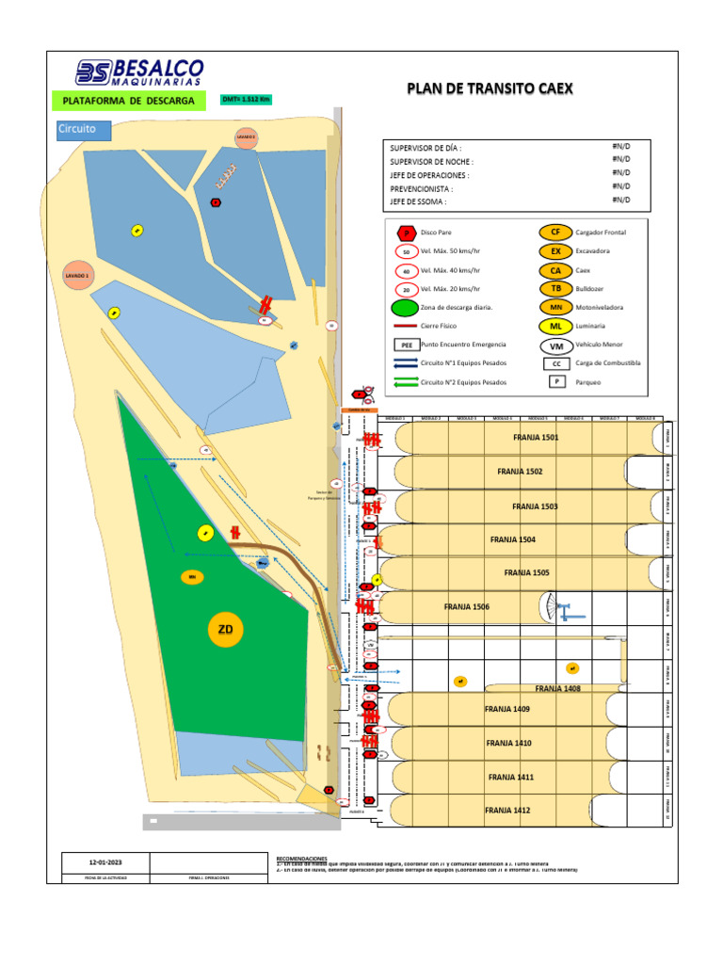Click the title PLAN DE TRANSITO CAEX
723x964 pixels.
point(490,88)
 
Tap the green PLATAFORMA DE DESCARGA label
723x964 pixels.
point(128,101)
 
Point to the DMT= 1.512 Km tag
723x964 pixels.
point(246,99)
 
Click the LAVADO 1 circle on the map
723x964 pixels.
point(77,276)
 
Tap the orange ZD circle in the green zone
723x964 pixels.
point(226,630)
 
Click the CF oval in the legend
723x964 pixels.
point(555,232)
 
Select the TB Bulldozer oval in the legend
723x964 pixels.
point(555,289)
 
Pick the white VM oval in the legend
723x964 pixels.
point(555,345)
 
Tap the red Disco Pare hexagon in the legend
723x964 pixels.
point(406,233)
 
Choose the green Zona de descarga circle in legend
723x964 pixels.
point(406,308)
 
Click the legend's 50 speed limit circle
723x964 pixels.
point(406,251)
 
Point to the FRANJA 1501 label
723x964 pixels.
point(536,438)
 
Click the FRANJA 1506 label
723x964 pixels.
point(467,607)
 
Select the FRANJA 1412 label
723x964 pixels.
point(507,810)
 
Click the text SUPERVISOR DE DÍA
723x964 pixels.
point(426,149)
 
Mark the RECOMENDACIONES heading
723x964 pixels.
point(301,859)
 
